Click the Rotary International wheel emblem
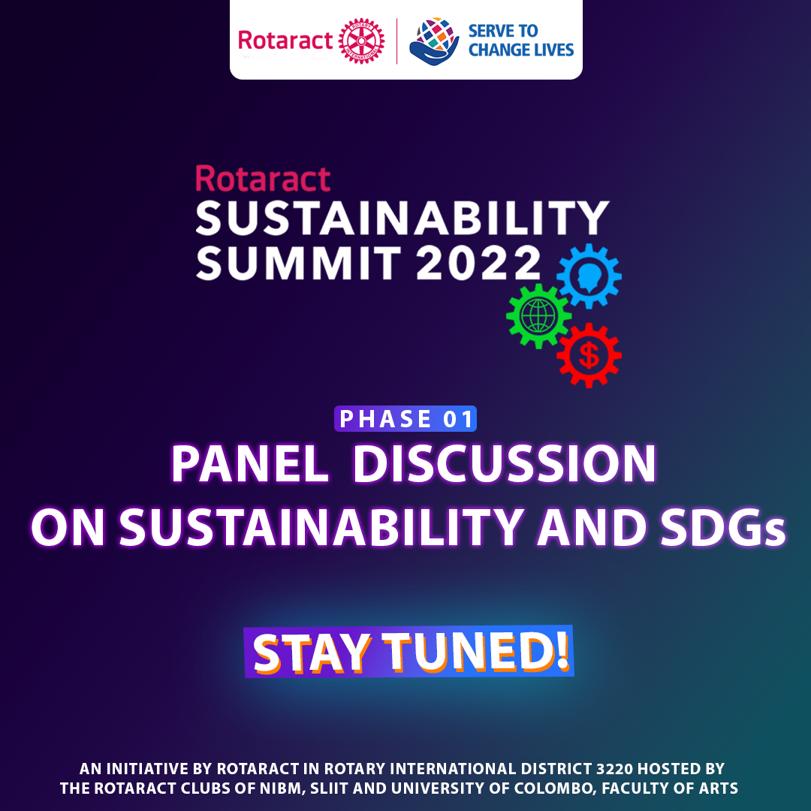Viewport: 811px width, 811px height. pyautogui.click(x=361, y=41)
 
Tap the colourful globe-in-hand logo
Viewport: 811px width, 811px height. pyautogui.click(x=434, y=41)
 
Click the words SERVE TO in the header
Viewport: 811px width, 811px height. pyautogui.click(x=502, y=31)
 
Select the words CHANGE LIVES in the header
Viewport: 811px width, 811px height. pyautogui.click(x=521, y=50)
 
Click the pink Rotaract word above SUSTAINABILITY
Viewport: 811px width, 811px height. pyautogui.click(x=263, y=179)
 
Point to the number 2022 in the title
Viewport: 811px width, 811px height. pyautogui.click(x=478, y=263)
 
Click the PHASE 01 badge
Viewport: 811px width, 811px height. pyautogui.click(x=405, y=418)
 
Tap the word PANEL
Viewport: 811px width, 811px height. pyautogui.click(x=250, y=463)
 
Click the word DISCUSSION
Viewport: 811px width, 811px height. pyautogui.click(x=505, y=463)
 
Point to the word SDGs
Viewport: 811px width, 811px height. pyautogui.click(x=724, y=528)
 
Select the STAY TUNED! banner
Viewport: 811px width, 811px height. pyautogui.click(x=409, y=651)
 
